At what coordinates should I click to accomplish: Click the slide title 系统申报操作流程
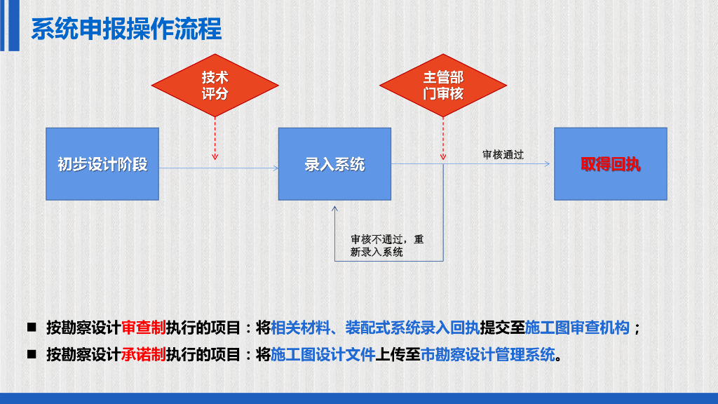pyautogui.click(x=126, y=29)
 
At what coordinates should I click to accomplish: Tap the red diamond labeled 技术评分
pyautogui.click(x=215, y=86)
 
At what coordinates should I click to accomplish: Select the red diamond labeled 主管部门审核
pyautogui.click(x=443, y=86)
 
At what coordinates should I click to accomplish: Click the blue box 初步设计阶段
pyautogui.click(x=102, y=164)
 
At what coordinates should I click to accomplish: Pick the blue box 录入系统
pyautogui.click(x=334, y=164)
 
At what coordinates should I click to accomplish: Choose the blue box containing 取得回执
pyautogui.click(x=610, y=164)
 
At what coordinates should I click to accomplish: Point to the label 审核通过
pyautogui.click(x=503, y=154)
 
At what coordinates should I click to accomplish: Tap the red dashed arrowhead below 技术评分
pyautogui.click(x=215, y=156)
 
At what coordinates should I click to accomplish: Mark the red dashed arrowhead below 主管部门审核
pyautogui.click(x=443, y=156)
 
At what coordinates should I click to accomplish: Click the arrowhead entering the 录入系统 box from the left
pyautogui.click(x=275, y=168)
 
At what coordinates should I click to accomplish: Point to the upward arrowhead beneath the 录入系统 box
pyautogui.click(x=334, y=208)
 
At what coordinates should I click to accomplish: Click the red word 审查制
pyautogui.click(x=144, y=328)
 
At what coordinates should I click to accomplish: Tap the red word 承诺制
pyautogui.click(x=144, y=354)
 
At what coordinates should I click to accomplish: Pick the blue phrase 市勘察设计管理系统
pyautogui.click(x=487, y=354)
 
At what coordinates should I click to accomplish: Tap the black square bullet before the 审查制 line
pyautogui.click(x=32, y=328)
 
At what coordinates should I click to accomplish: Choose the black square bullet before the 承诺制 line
pyautogui.click(x=32, y=354)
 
